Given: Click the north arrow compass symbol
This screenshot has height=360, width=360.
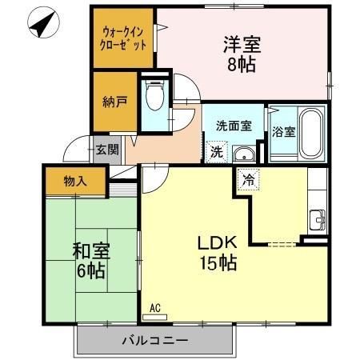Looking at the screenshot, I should tap(41, 24).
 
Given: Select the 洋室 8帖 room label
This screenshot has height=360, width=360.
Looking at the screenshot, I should tap(240, 54).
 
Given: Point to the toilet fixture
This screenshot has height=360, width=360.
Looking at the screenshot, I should tap(155, 97).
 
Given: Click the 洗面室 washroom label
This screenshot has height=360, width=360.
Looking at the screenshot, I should tap(233, 125).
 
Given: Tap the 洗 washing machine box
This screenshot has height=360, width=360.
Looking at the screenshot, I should tap(216, 150).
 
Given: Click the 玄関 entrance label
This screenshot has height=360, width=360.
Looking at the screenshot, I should tap(107, 149).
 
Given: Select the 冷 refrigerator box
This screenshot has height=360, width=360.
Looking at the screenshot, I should tap(249, 180).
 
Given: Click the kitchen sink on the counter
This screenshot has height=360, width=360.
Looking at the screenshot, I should tap(318, 216).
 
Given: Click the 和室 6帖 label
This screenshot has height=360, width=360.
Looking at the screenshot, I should tap(90, 260).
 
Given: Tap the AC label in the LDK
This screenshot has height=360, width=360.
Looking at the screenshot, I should tap(155, 307).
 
